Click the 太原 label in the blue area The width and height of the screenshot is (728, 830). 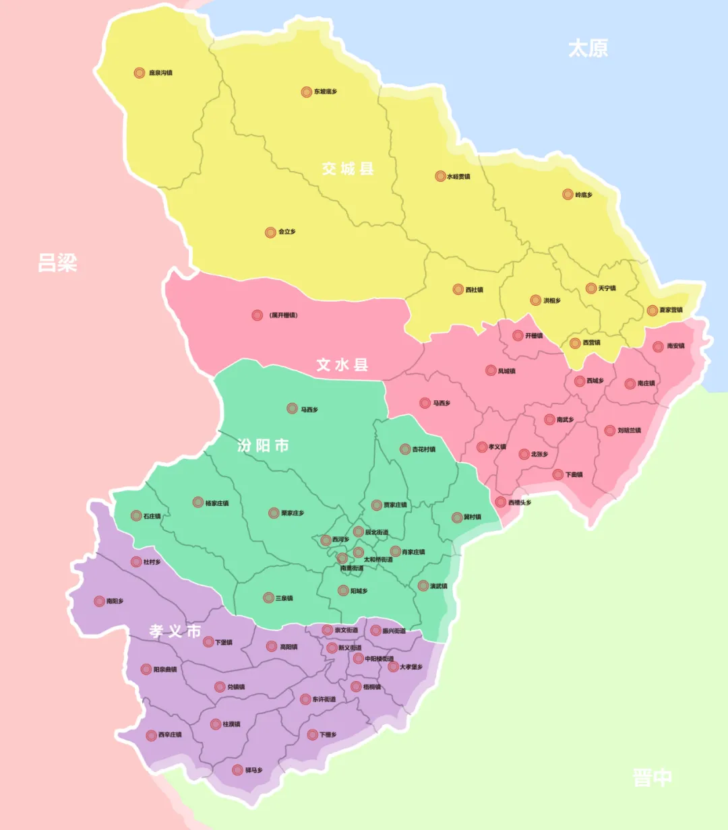(588, 49)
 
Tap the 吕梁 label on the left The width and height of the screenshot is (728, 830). (57, 263)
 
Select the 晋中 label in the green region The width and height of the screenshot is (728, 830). (652, 777)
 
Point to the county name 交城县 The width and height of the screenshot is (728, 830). (348, 168)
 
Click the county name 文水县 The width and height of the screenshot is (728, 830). (342, 365)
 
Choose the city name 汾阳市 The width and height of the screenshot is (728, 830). (263, 445)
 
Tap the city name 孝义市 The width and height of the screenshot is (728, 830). (175, 631)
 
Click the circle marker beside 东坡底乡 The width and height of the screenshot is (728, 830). (307, 92)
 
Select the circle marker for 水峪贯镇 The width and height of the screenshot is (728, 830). (440, 177)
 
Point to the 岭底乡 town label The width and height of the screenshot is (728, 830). (584, 195)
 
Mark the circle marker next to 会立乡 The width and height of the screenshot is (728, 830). (270, 232)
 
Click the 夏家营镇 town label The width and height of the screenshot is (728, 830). (671, 311)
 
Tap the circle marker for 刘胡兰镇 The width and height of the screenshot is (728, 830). (610, 430)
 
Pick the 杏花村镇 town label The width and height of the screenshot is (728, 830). (424, 449)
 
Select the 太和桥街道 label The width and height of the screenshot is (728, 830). (378, 560)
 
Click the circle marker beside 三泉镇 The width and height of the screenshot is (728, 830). (268, 598)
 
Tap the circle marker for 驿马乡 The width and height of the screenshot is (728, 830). (237, 770)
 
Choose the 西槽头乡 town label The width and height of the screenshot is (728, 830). (520, 503)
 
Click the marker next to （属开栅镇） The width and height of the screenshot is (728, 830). (257, 315)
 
